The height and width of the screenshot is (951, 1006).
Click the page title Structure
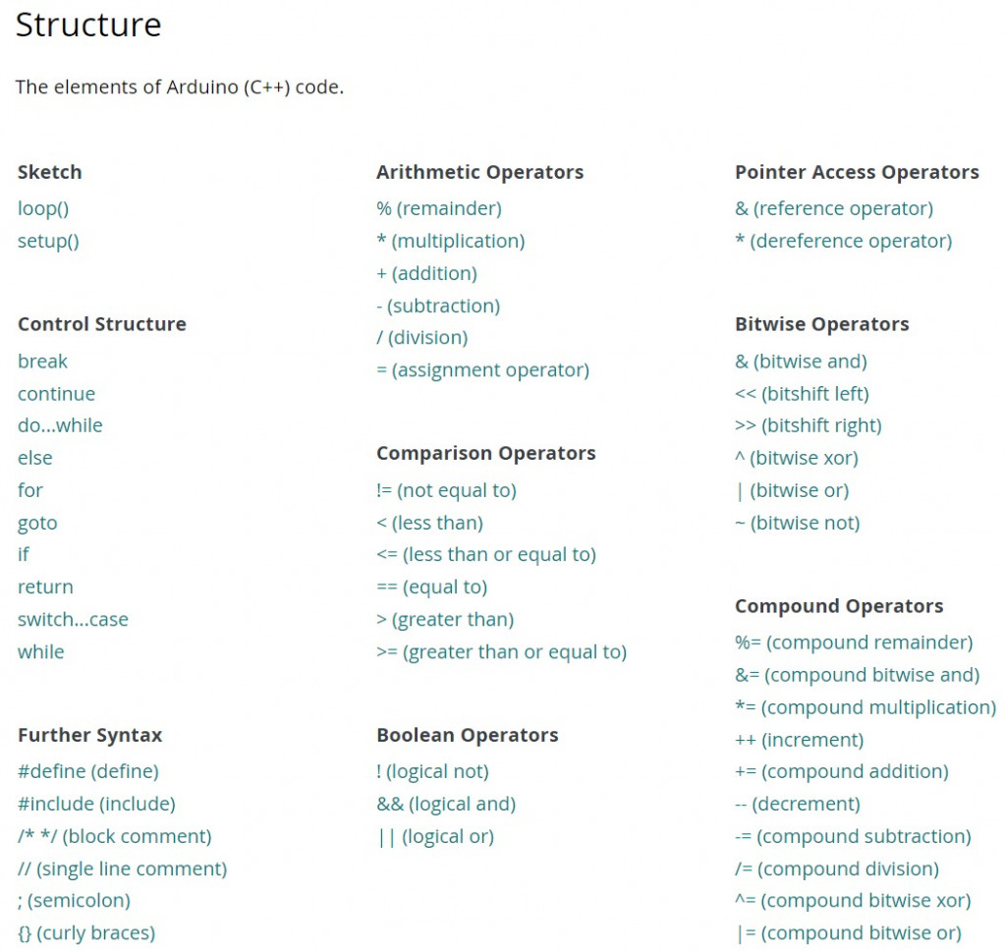(x=88, y=25)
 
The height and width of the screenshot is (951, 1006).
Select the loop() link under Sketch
(x=43, y=208)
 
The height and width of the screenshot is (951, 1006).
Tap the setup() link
(x=48, y=241)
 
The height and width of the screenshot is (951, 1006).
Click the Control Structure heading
(x=101, y=324)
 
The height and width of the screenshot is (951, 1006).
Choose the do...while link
(x=60, y=425)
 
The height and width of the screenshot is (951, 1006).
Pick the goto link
(x=37, y=523)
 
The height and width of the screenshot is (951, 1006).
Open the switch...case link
(x=73, y=619)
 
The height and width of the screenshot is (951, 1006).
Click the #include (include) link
(x=96, y=804)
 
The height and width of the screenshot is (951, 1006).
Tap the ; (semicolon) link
(x=74, y=900)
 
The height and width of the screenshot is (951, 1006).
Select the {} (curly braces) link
(x=86, y=932)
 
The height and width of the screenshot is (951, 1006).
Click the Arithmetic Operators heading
(x=479, y=172)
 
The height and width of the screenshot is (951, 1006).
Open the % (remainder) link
(x=438, y=208)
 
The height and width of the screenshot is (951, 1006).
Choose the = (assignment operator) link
(x=482, y=369)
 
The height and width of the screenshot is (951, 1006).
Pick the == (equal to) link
(x=431, y=587)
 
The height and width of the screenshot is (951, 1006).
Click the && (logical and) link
(x=445, y=804)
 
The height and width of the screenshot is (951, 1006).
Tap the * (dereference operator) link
(x=843, y=241)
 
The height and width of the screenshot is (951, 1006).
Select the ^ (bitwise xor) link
(x=796, y=458)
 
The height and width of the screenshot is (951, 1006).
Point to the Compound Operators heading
(x=838, y=606)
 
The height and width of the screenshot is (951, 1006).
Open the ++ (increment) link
(x=799, y=740)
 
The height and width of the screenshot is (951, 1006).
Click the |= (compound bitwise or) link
(x=848, y=932)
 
